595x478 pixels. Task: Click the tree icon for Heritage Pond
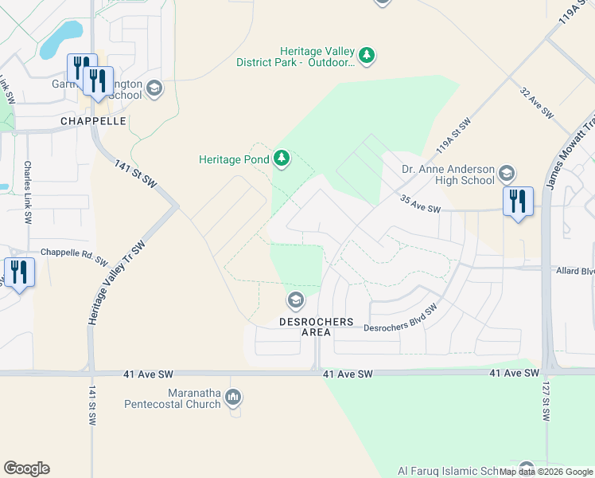[x=281, y=159]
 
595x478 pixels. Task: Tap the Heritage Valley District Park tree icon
[x=366, y=55]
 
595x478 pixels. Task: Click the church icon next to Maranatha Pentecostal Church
[x=233, y=397]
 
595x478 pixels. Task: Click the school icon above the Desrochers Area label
[x=295, y=300]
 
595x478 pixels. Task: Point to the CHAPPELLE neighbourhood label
[x=93, y=121]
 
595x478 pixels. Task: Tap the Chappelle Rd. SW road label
[x=74, y=256]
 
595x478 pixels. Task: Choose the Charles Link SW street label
[x=28, y=192]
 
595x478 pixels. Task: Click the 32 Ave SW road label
[x=537, y=104]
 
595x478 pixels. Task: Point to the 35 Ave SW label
[x=420, y=204]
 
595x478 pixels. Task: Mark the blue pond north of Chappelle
[x=62, y=36]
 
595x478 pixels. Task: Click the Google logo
[x=26, y=468]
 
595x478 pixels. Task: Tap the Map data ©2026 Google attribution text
[x=546, y=472]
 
